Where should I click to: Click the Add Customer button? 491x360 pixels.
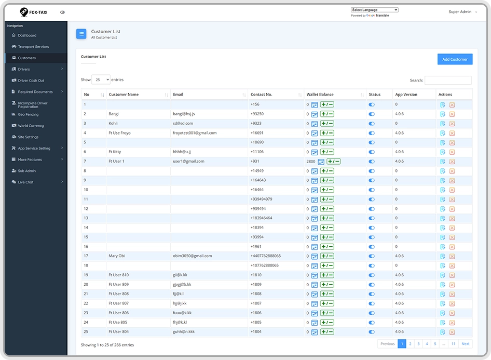point(455,59)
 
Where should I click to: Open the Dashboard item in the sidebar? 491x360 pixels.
point(27,35)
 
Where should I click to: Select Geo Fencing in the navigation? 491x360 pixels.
point(28,114)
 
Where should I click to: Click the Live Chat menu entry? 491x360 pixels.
point(25,182)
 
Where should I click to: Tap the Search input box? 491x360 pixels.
point(448,81)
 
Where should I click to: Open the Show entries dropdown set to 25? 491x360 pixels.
point(101,79)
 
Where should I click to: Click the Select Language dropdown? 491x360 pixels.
point(375,10)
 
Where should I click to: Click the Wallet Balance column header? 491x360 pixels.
point(320,95)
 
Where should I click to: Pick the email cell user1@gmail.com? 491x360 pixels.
point(188,162)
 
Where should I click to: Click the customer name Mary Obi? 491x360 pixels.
point(116,256)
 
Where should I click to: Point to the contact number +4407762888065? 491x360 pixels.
point(266,256)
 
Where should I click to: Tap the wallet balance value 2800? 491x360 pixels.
point(310,162)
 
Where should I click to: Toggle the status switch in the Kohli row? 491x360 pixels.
point(372,124)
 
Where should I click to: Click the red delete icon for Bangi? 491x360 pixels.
point(452,114)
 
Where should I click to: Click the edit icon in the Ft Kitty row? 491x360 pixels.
point(442,152)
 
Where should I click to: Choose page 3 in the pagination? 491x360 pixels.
point(418,344)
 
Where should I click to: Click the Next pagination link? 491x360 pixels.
point(466,344)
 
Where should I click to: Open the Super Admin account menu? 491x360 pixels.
point(462,12)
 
